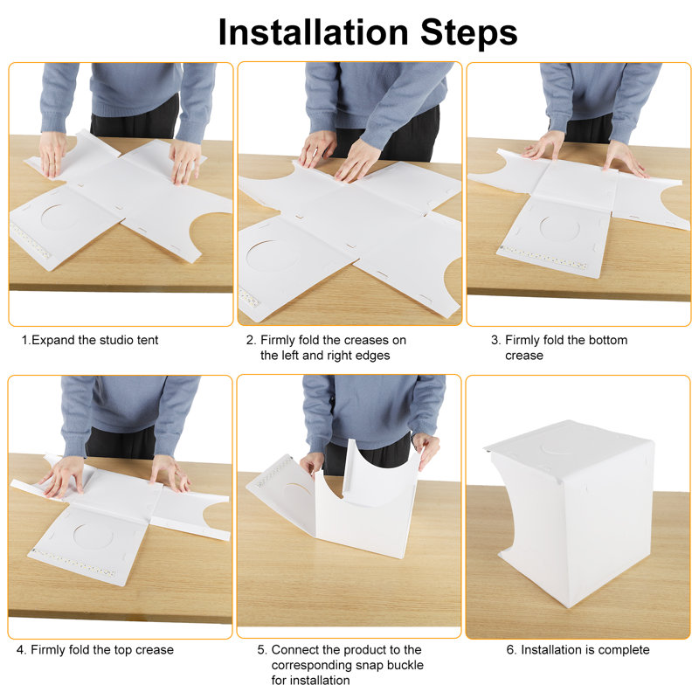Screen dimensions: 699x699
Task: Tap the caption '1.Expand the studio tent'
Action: pos(90,340)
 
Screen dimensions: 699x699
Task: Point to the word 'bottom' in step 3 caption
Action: pos(608,340)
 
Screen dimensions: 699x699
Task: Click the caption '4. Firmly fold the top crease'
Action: pos(95,650)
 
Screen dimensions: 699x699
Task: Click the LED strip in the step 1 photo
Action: pos(31,241)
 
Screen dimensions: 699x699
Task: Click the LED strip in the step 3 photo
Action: pos(543,258)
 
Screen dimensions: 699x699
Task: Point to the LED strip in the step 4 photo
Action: pos(73,562)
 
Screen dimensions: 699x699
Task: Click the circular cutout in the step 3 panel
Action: pos(559,227)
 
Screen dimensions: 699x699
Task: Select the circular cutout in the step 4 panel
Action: pos(93,536)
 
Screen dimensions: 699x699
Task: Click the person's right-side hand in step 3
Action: pos(623,158)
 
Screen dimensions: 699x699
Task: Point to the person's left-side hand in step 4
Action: pos(62,476)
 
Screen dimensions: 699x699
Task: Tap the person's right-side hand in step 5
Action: pos(426,449)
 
